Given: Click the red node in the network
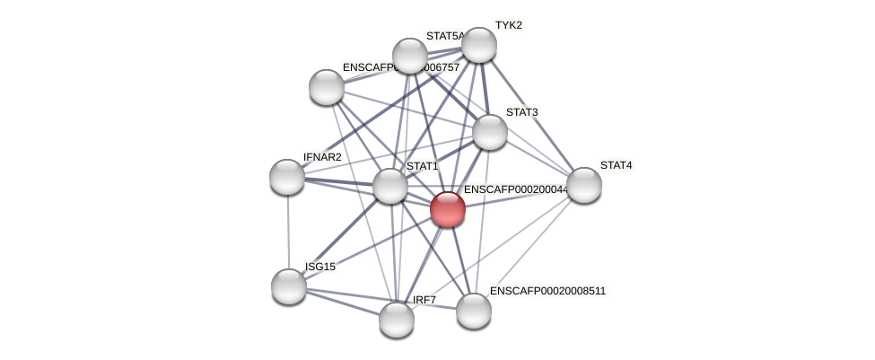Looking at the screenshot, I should [447, 209].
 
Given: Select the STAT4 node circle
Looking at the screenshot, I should [583, 185].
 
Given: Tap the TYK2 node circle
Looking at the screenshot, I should [478, 45].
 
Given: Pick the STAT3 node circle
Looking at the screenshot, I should [489, 132].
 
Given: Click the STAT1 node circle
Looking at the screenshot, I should [389, 186].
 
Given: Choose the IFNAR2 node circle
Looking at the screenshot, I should [287, 177].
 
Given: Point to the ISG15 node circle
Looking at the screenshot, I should [289, 286].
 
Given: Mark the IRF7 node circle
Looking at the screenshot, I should [396, 319].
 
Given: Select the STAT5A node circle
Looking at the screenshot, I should [409, 56].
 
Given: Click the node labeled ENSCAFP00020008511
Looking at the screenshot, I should [473, 311].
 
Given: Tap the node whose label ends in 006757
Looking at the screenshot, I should [327, 87].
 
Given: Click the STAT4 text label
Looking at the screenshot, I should [616, 165].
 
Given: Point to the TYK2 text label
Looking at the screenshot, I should [508, 25].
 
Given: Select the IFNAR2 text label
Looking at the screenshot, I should [322, 157].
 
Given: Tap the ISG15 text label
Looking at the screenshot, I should [319, 267].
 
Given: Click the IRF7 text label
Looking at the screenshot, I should [424, 300].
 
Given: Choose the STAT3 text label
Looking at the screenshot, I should [521, 112].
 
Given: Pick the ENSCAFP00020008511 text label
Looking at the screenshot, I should [547, 291].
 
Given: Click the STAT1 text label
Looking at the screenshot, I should [422, 166].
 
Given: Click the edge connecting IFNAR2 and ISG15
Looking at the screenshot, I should [288, 232].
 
